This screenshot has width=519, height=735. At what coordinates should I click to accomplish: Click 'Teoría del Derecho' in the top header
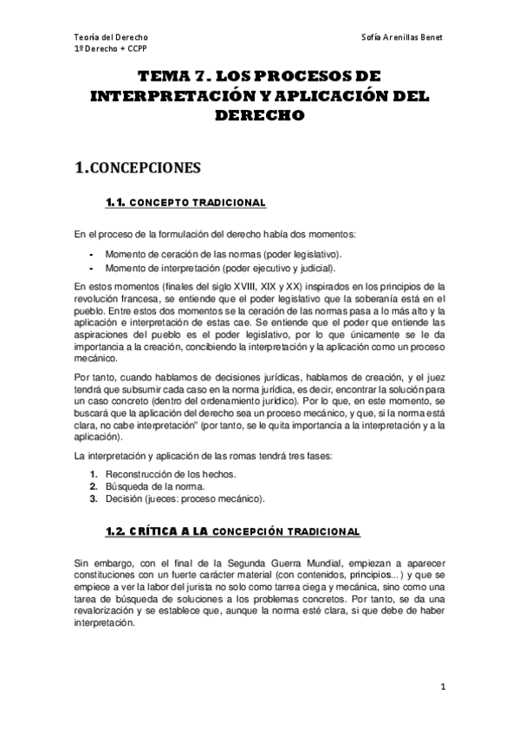coord(110,38)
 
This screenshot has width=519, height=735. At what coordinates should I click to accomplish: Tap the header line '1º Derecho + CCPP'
coord(111,49)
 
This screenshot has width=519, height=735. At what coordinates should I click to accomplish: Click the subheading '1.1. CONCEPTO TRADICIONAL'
coord(185,203)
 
